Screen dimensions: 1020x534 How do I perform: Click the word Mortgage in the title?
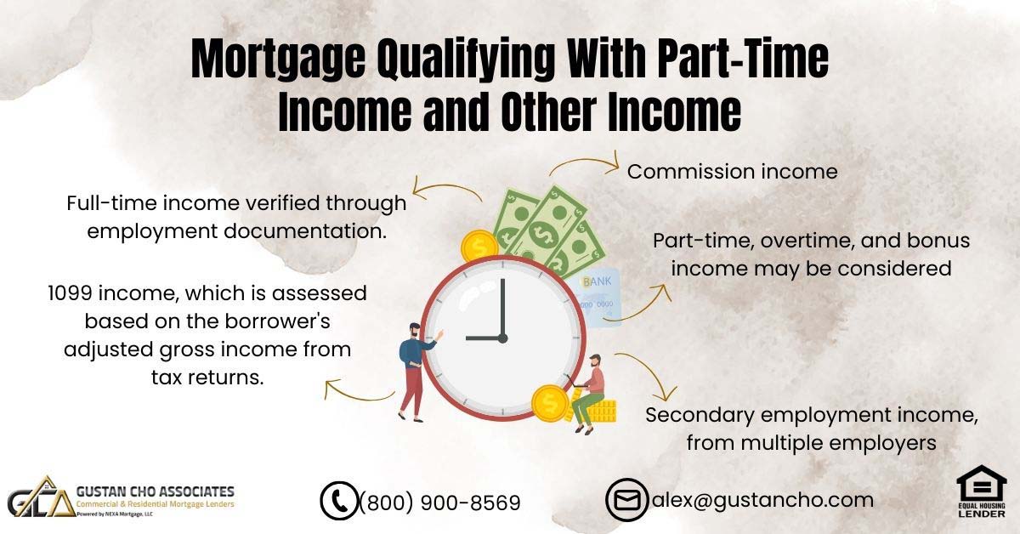point(278,60)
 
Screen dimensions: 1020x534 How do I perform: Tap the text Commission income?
point(732,172)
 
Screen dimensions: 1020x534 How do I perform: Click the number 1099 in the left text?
point(71,293)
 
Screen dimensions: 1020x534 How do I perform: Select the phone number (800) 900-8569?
point(440,503)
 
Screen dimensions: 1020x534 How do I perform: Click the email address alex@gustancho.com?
point(762,500)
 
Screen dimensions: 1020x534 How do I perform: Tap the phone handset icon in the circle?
point(339,501)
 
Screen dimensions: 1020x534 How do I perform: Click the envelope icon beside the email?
point(626,500)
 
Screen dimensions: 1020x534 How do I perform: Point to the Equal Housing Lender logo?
point(982,491)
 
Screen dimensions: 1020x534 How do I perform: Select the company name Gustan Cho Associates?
point(156,491)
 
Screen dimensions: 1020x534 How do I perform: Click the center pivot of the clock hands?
point(502,338)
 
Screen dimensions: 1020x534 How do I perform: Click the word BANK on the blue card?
point(597,281)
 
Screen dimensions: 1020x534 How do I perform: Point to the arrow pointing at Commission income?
point(586,162)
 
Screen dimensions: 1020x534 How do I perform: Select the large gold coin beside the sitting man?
point(551,403)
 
